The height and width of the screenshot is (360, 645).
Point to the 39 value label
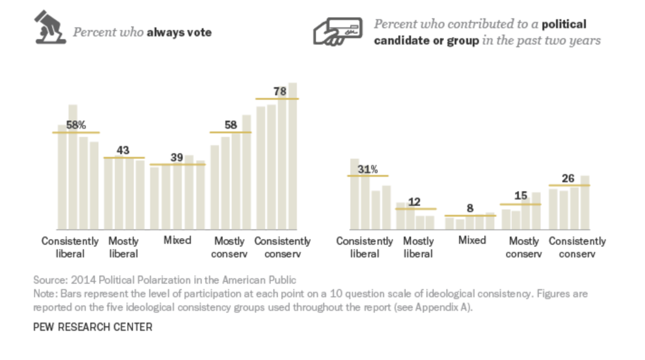[177, 157]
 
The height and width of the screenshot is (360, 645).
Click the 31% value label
[368, 169]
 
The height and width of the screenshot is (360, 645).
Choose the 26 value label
[568, 178]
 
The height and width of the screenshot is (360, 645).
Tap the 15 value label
[521, 196]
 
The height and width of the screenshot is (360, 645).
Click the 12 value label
[415, 202]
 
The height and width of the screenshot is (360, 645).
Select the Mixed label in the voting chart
[176, 240]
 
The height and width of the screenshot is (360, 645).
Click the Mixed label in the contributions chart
[472, 240]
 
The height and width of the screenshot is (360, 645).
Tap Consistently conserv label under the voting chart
[282, 247]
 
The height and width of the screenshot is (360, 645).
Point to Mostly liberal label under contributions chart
[418, 247]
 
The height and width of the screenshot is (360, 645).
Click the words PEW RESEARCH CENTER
[93, 327]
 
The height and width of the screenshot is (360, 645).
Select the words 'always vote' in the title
[179, 32]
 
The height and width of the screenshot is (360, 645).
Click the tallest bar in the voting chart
[293, 156]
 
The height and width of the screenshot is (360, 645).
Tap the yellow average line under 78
[277, 99]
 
